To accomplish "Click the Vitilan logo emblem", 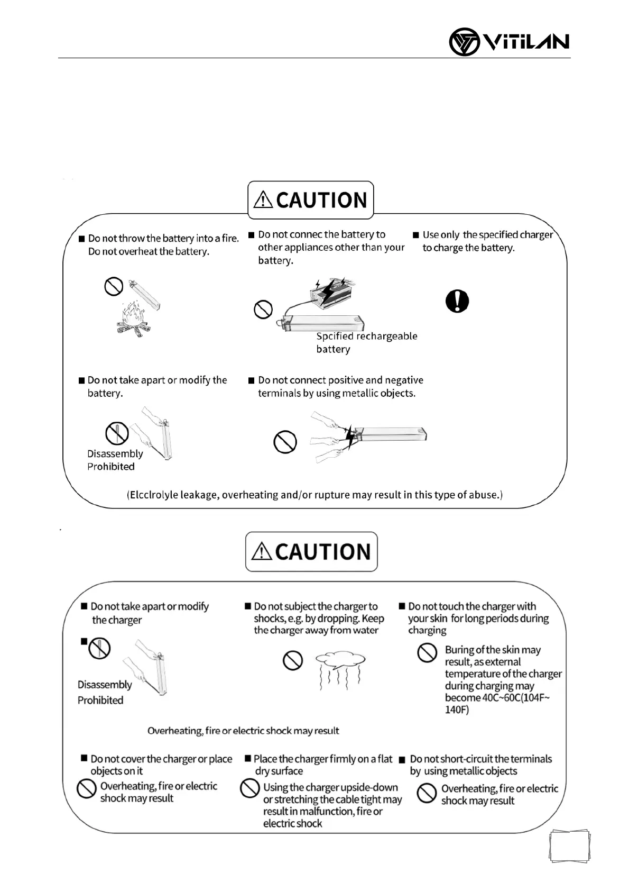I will tap(464, 42).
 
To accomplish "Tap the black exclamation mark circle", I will tap(457, 301).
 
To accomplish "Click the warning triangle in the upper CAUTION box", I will tap(263, 200).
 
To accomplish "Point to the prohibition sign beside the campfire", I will tap(114, 287).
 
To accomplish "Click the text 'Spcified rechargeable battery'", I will tap(366, 342).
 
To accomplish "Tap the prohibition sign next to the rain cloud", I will tap(292, 660).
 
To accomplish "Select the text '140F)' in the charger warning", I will tap(457, 710).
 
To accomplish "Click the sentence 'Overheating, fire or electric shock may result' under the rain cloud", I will tap(243, 731).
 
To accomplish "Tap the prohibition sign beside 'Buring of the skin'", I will tap(427, 653).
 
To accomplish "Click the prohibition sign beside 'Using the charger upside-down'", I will tap(249, 788).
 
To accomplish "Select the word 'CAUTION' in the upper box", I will tap(321, 200).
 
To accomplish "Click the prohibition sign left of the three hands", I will tap(285, 442).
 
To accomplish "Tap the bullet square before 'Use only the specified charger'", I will tap(416, 235).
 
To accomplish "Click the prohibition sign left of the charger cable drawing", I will tap(263, 309).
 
